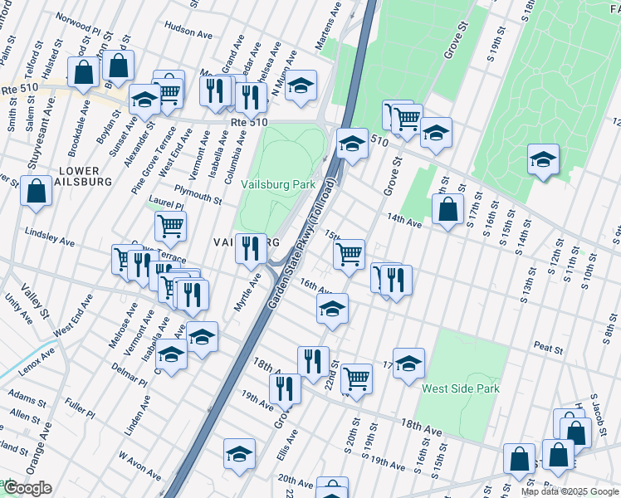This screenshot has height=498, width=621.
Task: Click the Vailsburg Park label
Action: click(277, 184)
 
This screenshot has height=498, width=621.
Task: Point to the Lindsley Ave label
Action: click(50, 237)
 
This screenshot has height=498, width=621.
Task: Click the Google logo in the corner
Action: click(27, 488)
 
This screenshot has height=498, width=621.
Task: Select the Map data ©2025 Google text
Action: click(570, 491)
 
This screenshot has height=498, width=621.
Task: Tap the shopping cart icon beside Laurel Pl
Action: click(170, 224)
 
